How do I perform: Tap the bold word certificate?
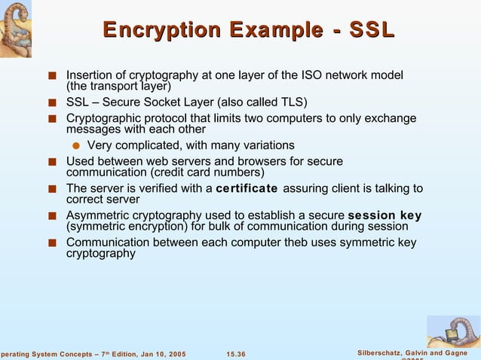point(247,188)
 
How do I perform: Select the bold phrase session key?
point(384,215)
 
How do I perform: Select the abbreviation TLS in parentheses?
point(290,102)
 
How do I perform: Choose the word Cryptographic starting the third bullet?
point(101,118)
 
